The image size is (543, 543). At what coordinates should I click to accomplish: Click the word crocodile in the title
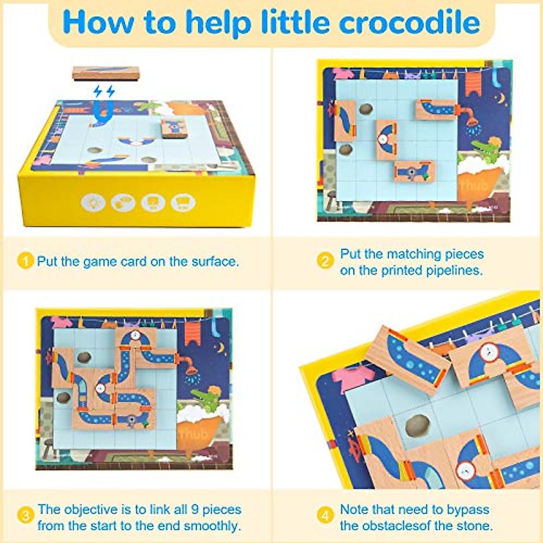(410, 22)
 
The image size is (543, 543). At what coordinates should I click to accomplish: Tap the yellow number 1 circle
(25, 261)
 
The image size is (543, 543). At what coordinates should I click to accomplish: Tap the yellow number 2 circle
(325, 261)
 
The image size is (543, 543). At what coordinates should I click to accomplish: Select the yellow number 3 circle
(25, 515)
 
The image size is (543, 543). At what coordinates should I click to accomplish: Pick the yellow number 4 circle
(325, 515)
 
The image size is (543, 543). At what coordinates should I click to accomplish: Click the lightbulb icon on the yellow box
(94, 202)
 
